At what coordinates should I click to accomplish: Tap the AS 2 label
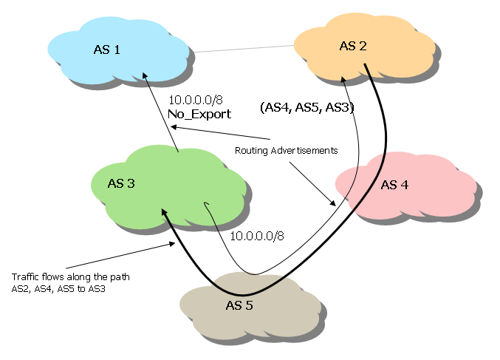[352, 46]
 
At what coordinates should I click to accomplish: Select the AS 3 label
[120, 183]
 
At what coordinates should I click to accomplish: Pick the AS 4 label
[394, 184]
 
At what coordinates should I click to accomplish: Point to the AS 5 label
[240, 304]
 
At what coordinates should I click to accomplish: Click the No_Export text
[199, 115]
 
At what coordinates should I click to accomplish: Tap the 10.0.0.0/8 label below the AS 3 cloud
[257, 237]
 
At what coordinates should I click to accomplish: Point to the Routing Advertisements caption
[286, 150]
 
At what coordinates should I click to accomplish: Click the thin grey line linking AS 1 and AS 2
[244, 50]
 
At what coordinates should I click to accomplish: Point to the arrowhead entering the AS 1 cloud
[145, 75]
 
